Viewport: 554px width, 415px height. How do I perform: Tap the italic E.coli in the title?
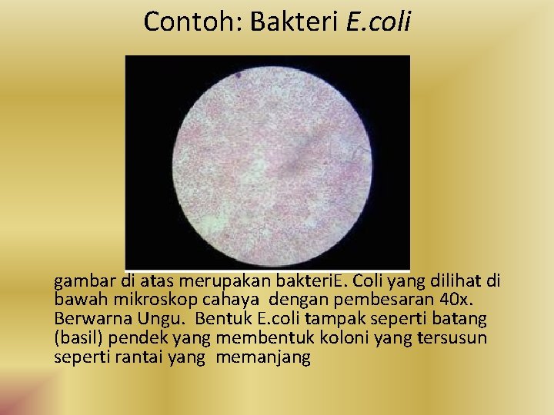click(x=379, y=22)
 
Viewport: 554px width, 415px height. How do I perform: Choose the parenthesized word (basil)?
click(x=78, y=338)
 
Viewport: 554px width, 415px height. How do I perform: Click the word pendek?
click(x=135, y=338)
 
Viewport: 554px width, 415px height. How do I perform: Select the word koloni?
click(x=326, y=338)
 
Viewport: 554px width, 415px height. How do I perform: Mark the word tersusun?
click(x=452, y=338)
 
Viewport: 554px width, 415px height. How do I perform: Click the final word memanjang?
click(x=263, y=357)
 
